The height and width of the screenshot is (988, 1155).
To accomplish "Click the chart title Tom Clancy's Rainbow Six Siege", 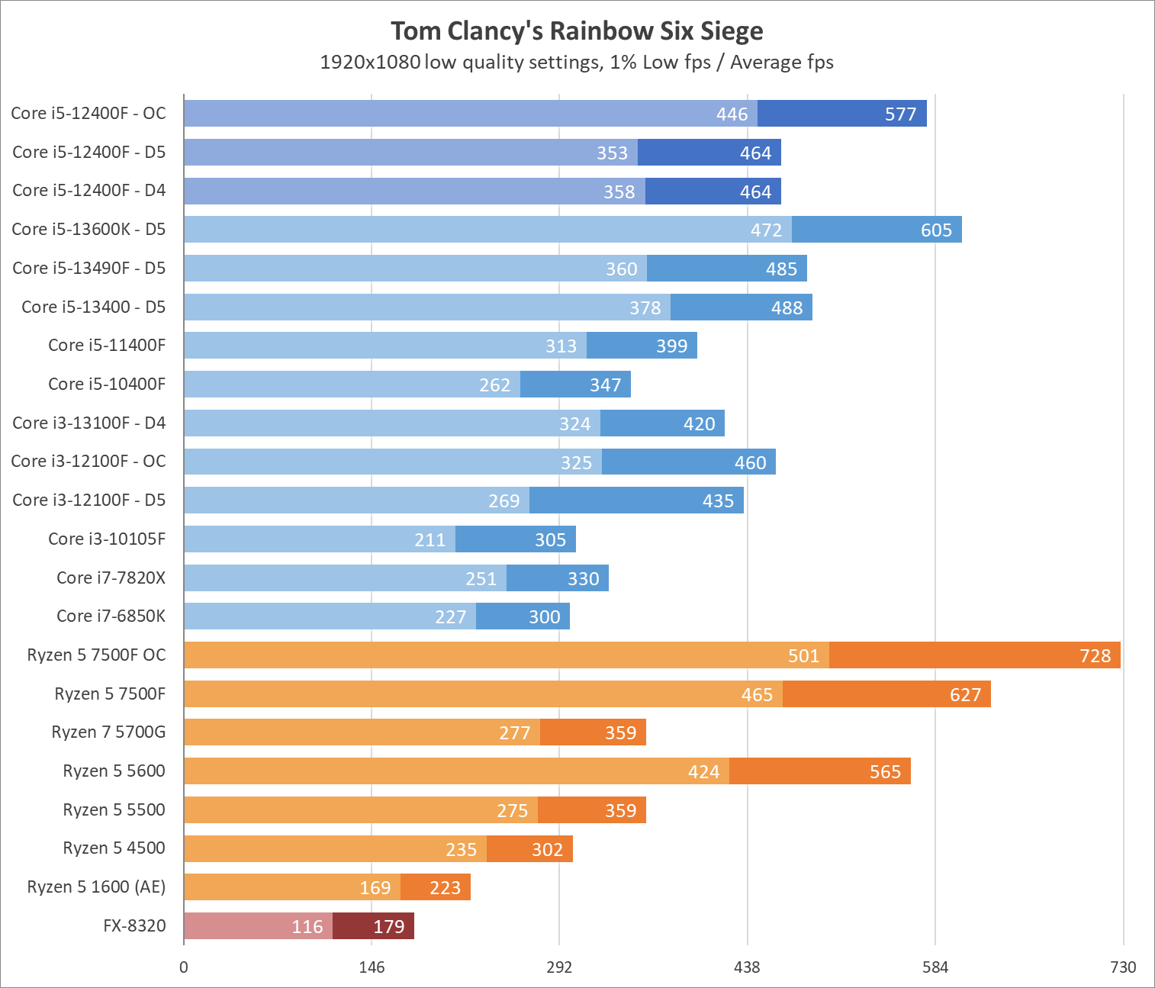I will [577, 31].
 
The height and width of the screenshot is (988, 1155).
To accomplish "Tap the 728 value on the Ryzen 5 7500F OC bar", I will [1095, 656].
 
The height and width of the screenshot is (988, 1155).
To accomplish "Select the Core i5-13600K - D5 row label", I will [88, 229].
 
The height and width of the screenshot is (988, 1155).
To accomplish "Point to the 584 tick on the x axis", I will [935, 967].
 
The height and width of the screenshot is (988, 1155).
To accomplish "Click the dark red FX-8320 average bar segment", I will [373, 926].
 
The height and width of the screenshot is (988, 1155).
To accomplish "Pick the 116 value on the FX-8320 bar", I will [307, 927].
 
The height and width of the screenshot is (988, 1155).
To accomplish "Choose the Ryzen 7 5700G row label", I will [108, 732].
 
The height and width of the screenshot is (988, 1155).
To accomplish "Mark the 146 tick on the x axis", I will [372, 967].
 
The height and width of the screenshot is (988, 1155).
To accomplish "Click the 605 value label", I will [936, 230].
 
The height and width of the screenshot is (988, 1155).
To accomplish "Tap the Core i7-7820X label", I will [111, 578].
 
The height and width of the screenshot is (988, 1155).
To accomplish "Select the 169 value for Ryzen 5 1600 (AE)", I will [375, 888].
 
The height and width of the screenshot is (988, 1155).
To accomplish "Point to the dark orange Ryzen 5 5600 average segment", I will [819, 771].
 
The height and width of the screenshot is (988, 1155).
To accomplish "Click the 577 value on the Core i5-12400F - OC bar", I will [900, 114].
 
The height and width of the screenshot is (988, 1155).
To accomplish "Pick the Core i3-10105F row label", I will [107, 539].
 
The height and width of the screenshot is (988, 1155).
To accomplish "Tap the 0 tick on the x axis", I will [184, 967].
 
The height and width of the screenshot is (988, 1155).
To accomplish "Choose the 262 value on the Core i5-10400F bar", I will [494, 385].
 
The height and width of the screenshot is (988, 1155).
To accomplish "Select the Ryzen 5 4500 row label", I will [114, 848].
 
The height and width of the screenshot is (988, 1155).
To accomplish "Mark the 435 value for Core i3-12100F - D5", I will [718, 501].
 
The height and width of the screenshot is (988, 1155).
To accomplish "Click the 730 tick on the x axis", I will [1123, 967].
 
